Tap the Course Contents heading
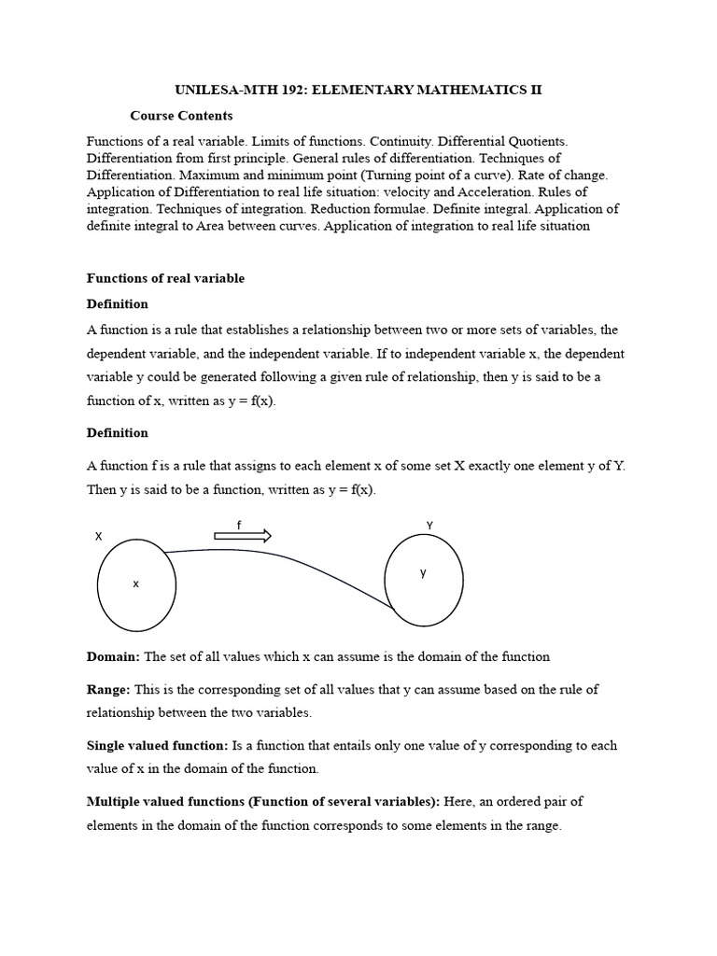pyautogui.click(x=181, y=116)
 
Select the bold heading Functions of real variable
pyautogui.click(x=165, y=278)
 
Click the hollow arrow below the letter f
pyautogui.click(x=243, y=536)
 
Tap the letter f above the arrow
pyautogui.click(x=239, y=526)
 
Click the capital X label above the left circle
pyautogui.click(x=98, y=537)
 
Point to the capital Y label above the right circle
pyautogui.click(x=429, y=526)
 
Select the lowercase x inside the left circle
pyautogui.click(x=135, y=583)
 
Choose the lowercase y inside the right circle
pyautogui.click(x=423, y=573)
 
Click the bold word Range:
pyautogui.click(x=108, y=690)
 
